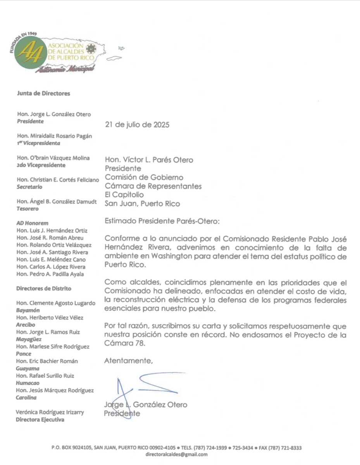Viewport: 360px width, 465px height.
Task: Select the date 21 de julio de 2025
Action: pyautogui.click(x=137, y=125)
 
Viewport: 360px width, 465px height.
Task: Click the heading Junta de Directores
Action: pyautogui.click(x=43, y=93)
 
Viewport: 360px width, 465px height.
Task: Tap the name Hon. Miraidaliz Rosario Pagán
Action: pyautogui.click(x=54, y=136)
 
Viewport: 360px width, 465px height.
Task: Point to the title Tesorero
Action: pyautogui.click(x=28, y=209)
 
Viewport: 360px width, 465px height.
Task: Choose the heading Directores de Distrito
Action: pyautogui.click(x=44, y=289)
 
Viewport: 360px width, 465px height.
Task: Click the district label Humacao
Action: pyautogui.click(x=26, y=383)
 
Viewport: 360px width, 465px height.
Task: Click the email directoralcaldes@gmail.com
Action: pyautogui.click(x=176, y=455)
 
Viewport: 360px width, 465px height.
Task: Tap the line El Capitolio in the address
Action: pyautogui.click(x=124, y=195)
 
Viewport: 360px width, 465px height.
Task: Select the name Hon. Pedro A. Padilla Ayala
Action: pyautogui.click(x=50, y=274)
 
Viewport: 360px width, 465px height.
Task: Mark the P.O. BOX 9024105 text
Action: pyautogui.click(x=72, y=448)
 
